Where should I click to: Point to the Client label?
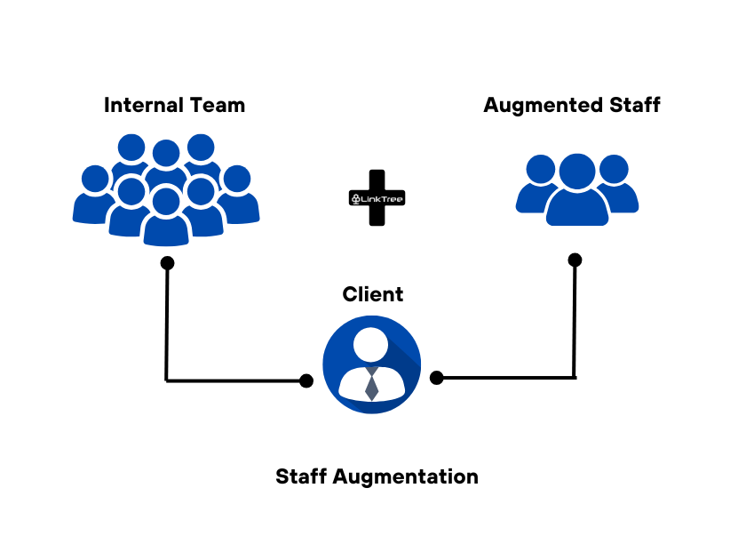[x=373, y=294]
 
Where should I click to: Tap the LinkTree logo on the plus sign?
[x=377, y=199]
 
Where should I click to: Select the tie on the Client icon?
[x=372, y=385]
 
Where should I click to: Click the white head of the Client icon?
[x=372, y=343]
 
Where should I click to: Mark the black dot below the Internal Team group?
[x=167, y=263]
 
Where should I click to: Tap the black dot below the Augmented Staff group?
[x=575, y=260]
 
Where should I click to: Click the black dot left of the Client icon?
[x=306, y=381]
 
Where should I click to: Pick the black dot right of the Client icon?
[x=436, y=378]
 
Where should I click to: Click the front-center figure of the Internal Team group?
[x=166, y=218]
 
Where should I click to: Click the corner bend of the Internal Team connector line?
[x=167, y=380]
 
